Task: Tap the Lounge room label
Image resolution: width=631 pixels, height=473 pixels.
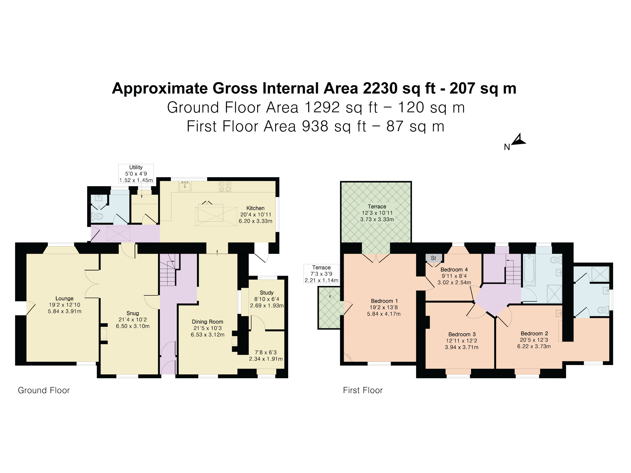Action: click(x=65, y=299)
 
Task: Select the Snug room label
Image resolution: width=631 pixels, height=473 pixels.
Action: click(x=133, y=313)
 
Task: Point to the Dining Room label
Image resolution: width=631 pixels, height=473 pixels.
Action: click(x=207, y=322)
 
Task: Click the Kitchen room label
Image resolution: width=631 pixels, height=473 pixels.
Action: click(x=255, y=208)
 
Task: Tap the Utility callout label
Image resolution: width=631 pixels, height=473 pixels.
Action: click(x=136, y=167)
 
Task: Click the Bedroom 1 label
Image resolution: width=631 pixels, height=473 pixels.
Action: click(x=384, y=301)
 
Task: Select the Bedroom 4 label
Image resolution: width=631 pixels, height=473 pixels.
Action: click(x=454, y=269)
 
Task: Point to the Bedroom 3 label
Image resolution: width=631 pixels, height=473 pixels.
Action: click(x=462, y=334)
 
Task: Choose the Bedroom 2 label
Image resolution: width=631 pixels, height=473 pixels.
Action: click(x=534, y=333)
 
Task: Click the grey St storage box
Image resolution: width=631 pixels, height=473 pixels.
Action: click(x=434, y=258)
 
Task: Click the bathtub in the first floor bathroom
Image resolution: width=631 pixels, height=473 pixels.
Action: click(x=529, y=269)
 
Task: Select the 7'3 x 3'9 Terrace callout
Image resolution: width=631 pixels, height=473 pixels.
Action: click(x=322, y=274)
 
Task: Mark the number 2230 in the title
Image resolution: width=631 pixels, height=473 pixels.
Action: click(x=380, y=88)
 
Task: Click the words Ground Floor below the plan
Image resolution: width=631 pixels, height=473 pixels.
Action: click(x=44, y=390)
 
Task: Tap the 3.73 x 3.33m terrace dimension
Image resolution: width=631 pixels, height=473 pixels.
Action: click(x=377, y=219)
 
